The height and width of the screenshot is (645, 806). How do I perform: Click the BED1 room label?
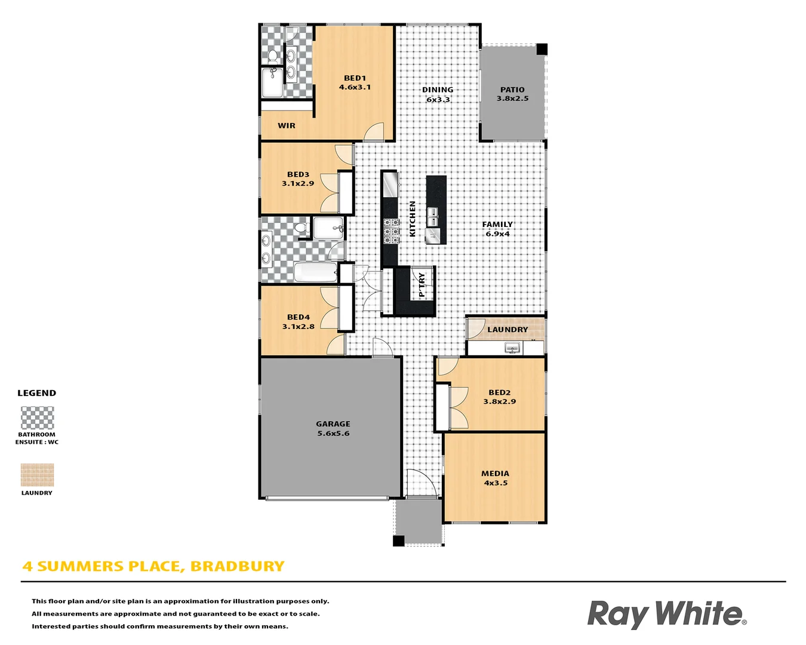coord(355,78)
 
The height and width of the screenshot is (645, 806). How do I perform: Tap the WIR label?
coord(287,126)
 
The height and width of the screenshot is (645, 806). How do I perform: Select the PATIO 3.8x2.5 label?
coord(512,94)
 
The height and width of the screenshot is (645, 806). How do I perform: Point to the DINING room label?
coord(438,90)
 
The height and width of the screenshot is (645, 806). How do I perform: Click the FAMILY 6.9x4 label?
coord(497,229)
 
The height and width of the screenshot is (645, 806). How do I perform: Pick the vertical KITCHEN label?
coord(413,219)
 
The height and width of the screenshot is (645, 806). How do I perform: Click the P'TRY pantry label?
coord(422,285)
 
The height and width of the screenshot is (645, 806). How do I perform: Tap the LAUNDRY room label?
coord(507,330)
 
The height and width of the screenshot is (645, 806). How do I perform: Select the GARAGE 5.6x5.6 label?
coord(333,429)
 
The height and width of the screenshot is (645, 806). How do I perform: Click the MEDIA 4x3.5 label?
coord(495,478)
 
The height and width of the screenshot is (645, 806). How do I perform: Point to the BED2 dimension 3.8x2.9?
coord(500,402)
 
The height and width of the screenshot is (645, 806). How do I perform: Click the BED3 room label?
coord(298,174)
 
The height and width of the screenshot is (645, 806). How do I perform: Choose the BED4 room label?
coord(298,317)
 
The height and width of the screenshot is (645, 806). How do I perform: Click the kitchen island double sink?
coord(432,213)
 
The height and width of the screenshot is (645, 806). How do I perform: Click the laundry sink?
coord(512,348)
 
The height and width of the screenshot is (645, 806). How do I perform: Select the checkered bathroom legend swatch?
coord(37,417)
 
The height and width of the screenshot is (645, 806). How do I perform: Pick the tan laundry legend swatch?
coord(37,475)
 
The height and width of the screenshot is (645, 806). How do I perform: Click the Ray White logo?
coord(666,615)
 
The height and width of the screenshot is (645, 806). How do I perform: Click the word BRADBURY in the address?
coord(237,566)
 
